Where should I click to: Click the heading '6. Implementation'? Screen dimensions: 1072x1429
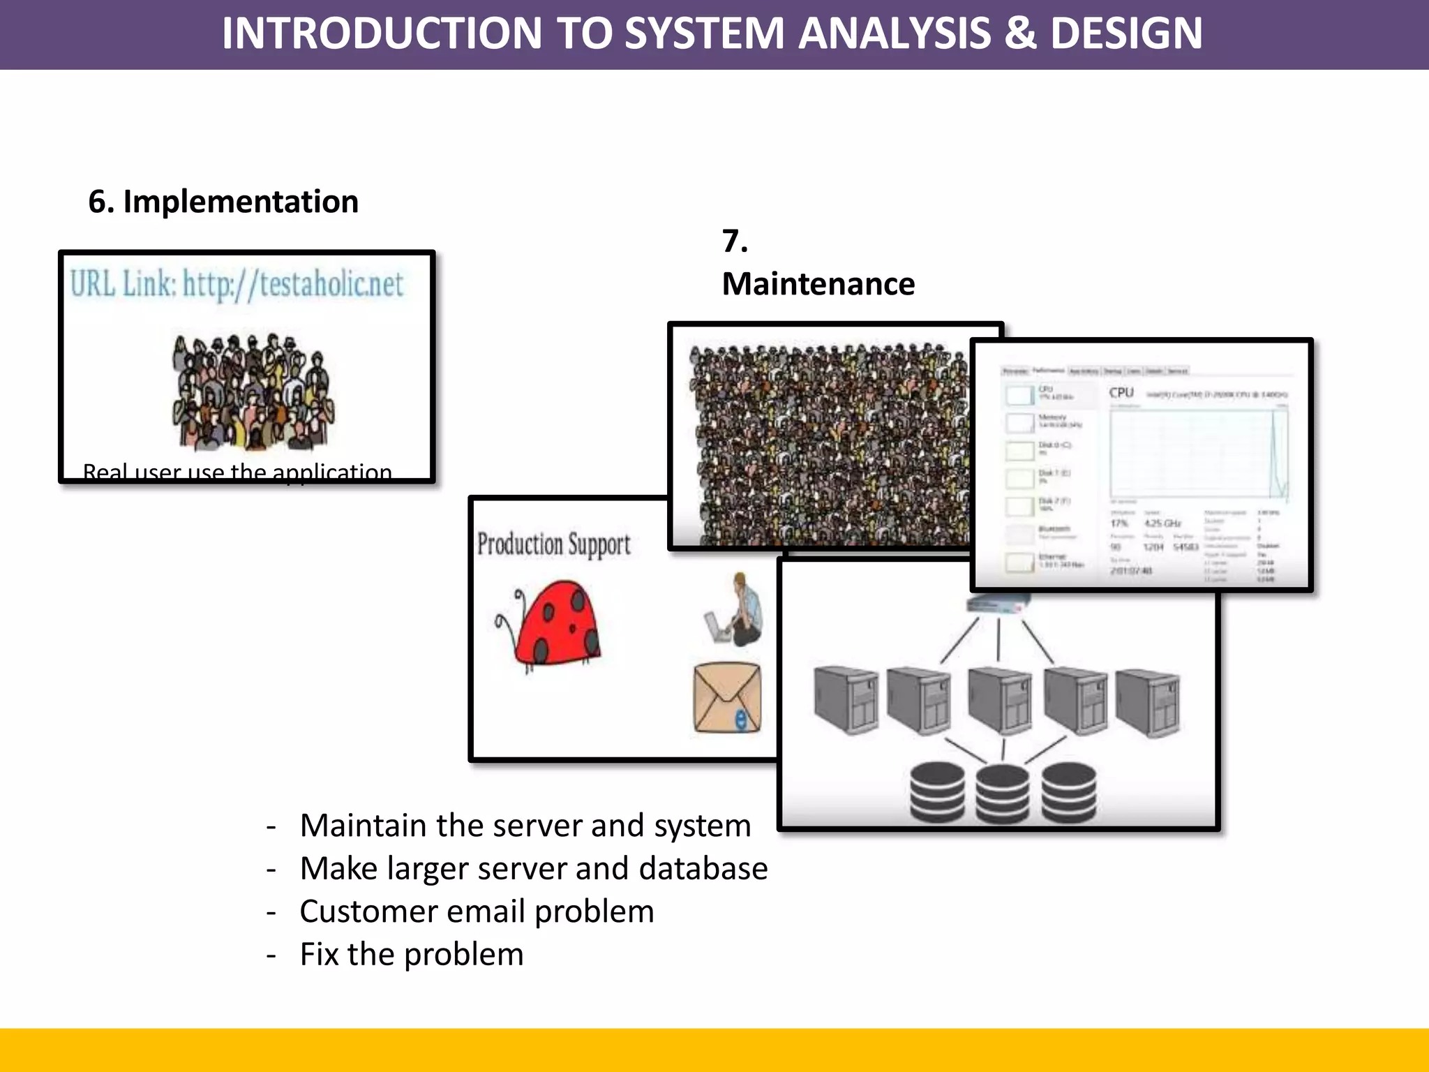pyautogui.click(x=223, y=202)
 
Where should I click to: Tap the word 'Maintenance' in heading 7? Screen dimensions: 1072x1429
pyautogui.click(x=818, y=284)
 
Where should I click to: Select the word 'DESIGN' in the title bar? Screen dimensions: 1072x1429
pyautogui.click(x=1126, y=33)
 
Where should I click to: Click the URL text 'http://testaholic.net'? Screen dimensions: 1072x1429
pyautogui.click(x=293, y=284)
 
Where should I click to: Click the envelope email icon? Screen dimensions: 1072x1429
pyautogui.click(x=726, y=697)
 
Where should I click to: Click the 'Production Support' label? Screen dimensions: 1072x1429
pyautogui.click(x=553, y=544)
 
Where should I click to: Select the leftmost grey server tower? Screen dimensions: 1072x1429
pyautogui.click(x=846, y=699)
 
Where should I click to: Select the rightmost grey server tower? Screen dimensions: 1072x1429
pyautogui.click(x=1148, y=702)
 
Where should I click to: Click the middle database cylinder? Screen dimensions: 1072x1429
pyautogui.click(x=1002, y=794)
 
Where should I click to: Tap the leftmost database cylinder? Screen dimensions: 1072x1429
pyautogui.click(x=937, y=792)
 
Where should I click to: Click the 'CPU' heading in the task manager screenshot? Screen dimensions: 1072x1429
pyautogui.click(x=1121, y=392)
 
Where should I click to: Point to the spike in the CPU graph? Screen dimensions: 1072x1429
pyautogui.click(x=1274, y=447)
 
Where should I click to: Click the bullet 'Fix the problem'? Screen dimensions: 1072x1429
pyautogui.click(x=412, y=954)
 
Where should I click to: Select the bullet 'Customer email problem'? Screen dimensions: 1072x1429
pyautogui.click(x=477, y=911)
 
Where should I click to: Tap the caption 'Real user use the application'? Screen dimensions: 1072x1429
pyautogui.click(x=237, y=472)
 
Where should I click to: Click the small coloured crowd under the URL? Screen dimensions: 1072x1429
pyautogui.click(x=253, y=392)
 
